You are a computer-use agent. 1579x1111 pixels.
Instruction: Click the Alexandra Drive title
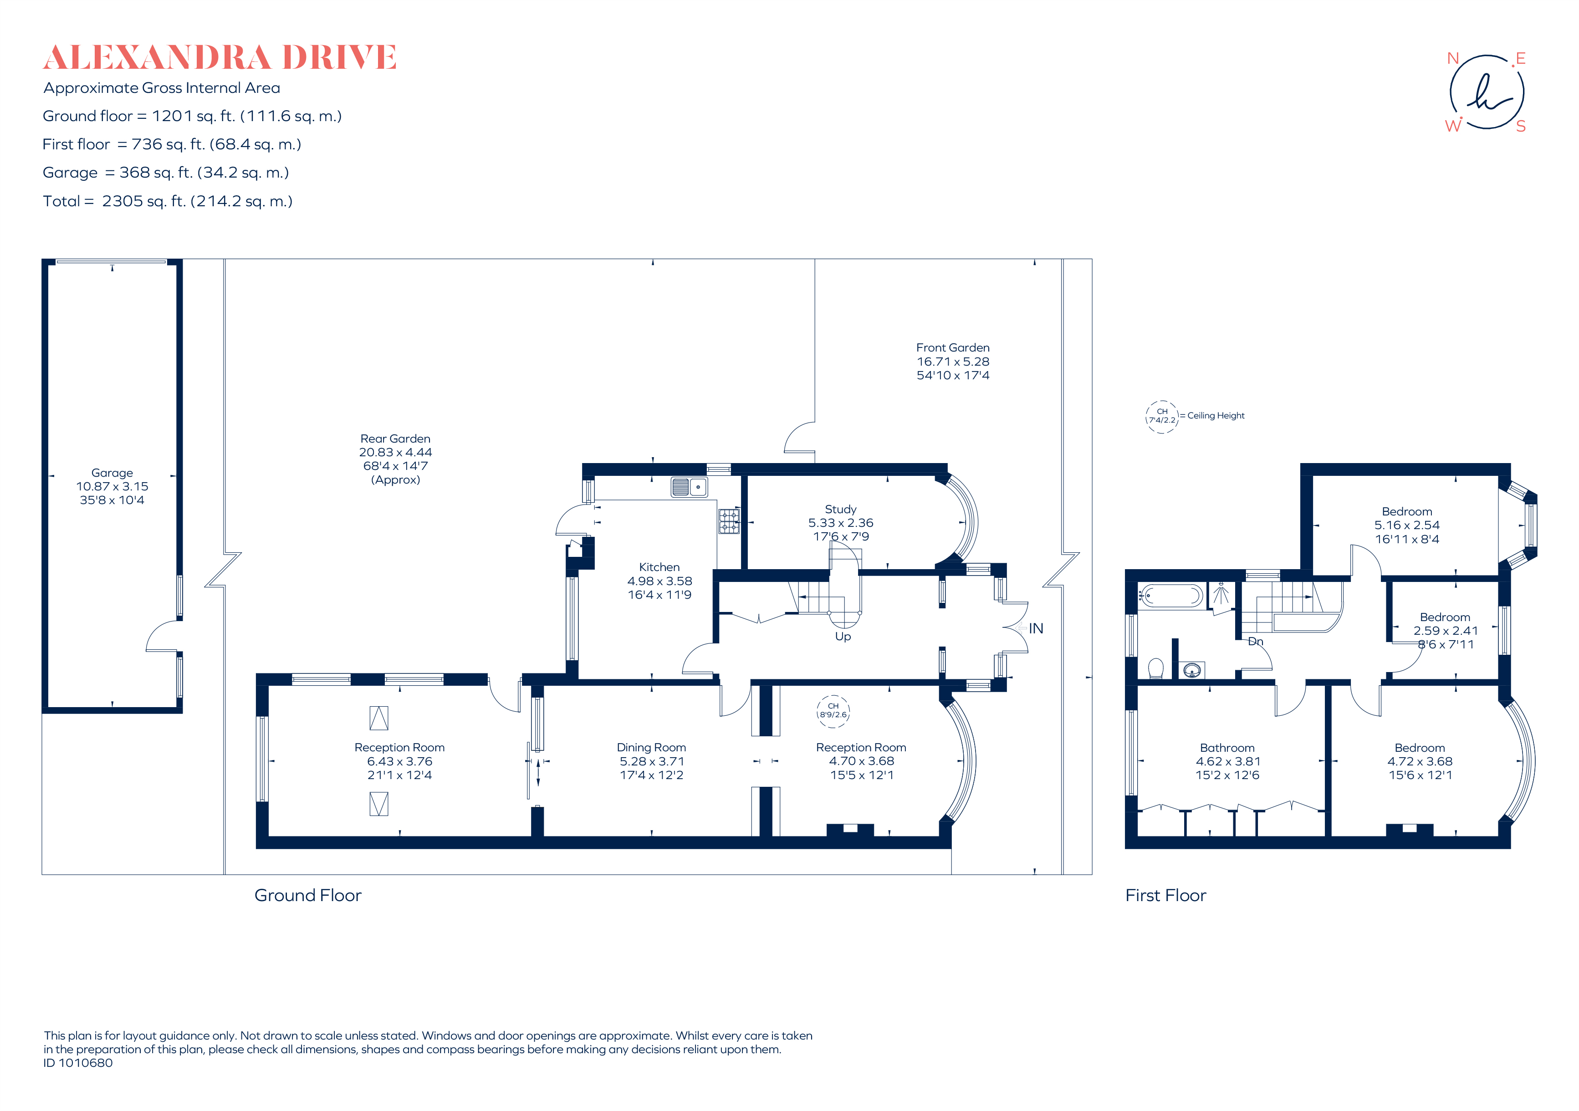pyautogui.click(x=220, y=58)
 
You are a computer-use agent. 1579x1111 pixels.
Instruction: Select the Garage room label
pyautogui.click(x=112, y=473)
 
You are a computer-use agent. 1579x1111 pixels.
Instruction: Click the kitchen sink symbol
pyautogui.click(x=689, y=487)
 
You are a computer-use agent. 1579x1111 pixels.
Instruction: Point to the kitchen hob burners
pyautogui.click(x=729, y=521)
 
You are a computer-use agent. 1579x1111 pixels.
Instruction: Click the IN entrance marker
pyautogui.click(x=1035, y=628)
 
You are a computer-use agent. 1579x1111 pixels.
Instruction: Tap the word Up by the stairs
pyautogui.click(x=843, y=637)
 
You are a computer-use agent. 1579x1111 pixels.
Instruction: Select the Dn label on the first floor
pyautogui.click(x=1255, y=642)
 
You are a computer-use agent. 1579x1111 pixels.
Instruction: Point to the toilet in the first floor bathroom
pyautogui.click(x=1156, y=668)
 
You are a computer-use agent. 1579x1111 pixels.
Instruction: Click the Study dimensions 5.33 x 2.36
pyautogui.click(x=840, y=523)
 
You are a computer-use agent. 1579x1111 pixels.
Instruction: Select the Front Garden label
pyautogui.click(x=952, y=348)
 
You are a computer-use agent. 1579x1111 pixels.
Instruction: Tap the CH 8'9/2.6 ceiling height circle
pyautogui.click(x=833, y=710)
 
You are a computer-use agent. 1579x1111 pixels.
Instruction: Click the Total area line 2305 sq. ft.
pyautogui.click(x=168, y=201)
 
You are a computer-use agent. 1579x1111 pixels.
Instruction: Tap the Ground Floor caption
pyautogui.click(x=307, y=895)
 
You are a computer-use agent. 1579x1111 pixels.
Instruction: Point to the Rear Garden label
pyautogui.click(x=395, y=438)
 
